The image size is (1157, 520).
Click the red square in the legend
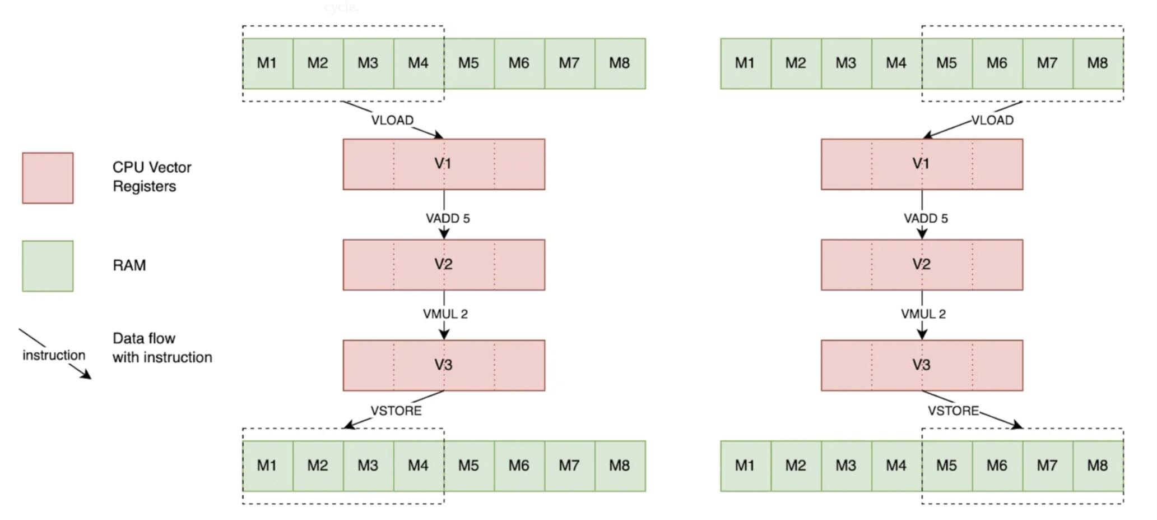click(x=48, y=178)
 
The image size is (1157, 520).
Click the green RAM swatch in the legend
click(x=48, y=266)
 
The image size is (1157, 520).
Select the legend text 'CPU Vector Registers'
click(x=152, y=177)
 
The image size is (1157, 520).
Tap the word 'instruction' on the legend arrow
click(x=54, y=355)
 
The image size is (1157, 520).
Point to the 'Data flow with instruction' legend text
click(x=162, y=348)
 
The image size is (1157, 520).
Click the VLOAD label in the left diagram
click(x=392, y=120)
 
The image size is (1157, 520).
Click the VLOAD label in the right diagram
click(x=992, y=120)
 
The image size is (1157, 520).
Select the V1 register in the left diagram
click(x=444, y=164)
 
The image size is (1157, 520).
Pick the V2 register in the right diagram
click(x=922, y=264)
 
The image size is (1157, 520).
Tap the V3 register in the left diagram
click(x=444, y=365)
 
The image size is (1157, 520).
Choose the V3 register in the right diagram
click(x=922, y=365)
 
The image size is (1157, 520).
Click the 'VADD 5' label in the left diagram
click(x=448, y=218)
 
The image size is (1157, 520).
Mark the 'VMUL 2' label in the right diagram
click(x=923, y=314)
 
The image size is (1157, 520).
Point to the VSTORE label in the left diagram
click(x=396, y=411)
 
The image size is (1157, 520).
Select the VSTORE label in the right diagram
click(x=953, y=411)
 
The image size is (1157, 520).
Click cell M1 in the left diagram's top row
click(x=267, y=63)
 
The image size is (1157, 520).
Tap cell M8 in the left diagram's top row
click(x=620, y=63)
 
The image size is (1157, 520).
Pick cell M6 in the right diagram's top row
click(x=997, y=63)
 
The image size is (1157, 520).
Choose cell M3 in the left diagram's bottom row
click(x=368, y=466)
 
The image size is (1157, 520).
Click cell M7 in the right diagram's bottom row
click(x=1047, y=466)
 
